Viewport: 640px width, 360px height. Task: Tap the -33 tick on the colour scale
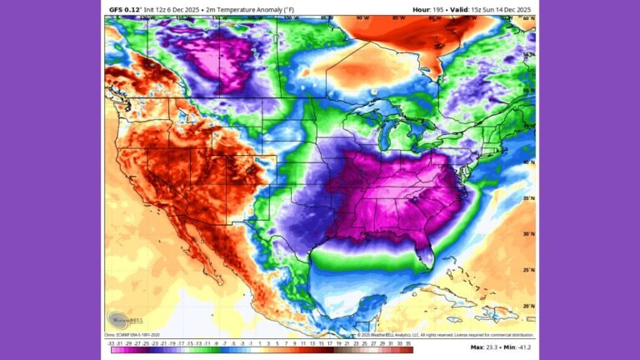pos(111,342)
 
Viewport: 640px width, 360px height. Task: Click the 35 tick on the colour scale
pos(409,342)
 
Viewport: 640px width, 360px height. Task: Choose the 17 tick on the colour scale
pos(330,342)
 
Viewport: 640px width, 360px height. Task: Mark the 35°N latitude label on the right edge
pos(527,198)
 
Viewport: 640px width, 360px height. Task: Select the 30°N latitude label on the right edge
pos(527,234)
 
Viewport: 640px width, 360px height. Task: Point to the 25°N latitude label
pos(527,270)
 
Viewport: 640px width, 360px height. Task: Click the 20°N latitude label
pos(527,306)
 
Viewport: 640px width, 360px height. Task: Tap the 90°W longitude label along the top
pos(362,17)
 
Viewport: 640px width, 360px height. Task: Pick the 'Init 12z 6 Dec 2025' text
pos(172,9)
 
